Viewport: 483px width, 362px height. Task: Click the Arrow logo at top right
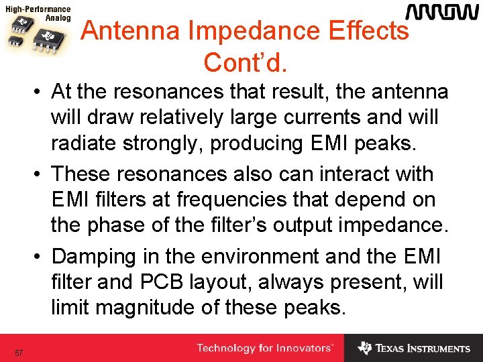click(441, 12)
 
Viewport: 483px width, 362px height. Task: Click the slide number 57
click(19, 353)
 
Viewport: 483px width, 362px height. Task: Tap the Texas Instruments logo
click(414, 349)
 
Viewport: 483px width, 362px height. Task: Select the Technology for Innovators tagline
click(264, 349)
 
